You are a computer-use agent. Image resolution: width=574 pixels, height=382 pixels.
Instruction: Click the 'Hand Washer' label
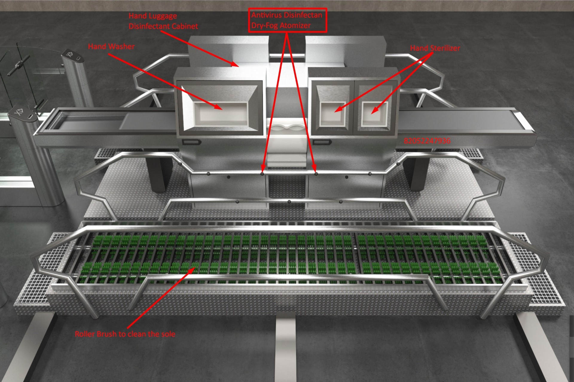click(111, 46)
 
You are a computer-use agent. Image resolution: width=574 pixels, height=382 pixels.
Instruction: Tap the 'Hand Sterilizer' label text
click(435, 48)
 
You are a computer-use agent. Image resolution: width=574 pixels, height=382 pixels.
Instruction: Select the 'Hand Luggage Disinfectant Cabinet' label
click(163, 21)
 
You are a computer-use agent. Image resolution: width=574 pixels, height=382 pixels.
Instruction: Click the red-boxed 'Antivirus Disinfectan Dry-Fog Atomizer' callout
click(287, 20)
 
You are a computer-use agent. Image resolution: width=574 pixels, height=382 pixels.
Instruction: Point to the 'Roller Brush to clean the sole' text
click(125, 334)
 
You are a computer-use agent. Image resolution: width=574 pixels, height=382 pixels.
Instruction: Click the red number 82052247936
click(427, 141)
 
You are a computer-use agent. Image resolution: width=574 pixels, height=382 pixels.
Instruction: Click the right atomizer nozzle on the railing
click(316, 173)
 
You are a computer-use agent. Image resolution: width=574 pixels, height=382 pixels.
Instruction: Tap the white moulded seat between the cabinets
click(287, 129)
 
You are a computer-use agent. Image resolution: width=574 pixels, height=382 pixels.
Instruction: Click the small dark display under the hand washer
click(191, 142)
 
